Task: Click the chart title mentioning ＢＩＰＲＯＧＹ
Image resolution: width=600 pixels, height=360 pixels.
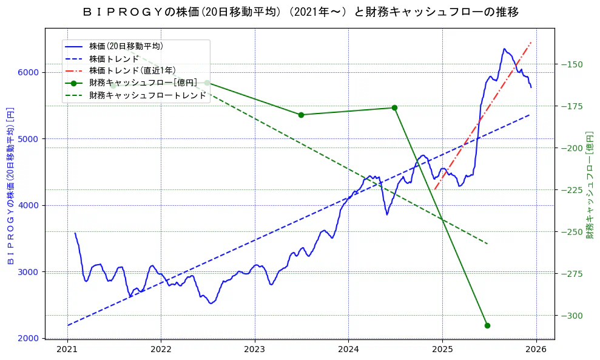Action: [x=300, y=12]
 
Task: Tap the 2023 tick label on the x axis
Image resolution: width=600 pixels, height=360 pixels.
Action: [x=255, y=350]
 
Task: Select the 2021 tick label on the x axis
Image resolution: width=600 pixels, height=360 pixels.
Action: [x=67, y=350]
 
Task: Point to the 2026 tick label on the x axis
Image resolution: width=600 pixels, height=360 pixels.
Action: [x=536, y=350]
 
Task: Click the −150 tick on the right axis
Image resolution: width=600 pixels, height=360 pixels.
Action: [x=571, y=64]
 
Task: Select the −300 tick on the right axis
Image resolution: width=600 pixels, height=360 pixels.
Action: [x=571, y=315]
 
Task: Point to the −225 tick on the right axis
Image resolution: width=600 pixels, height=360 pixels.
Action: [x=571, y=190]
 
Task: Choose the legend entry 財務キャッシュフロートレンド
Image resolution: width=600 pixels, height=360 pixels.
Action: [x=147, y=95]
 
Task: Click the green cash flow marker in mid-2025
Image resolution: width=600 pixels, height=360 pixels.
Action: [x=487, y=325]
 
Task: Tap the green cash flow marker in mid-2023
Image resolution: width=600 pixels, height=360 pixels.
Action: [x=301, y=115]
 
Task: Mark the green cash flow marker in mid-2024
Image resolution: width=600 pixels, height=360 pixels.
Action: [x=394, y=107]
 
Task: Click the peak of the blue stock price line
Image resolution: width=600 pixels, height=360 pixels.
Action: [x=504, y=49]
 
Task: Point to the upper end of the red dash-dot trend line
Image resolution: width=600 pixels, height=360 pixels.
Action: [x=531, y=42]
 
